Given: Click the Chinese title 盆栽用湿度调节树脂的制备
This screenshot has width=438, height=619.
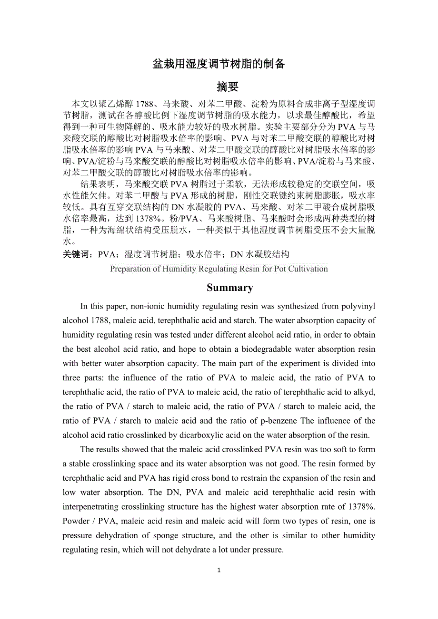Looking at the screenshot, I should [x=219, y=64].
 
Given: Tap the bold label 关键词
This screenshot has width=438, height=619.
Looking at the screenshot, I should [x=78, y=254].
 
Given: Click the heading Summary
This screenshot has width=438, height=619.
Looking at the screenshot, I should [x=229, y=288].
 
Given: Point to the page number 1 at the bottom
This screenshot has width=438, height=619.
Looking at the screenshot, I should [x=219, y=570].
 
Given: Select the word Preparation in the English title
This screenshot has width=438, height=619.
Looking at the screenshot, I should [x=130, y=269].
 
